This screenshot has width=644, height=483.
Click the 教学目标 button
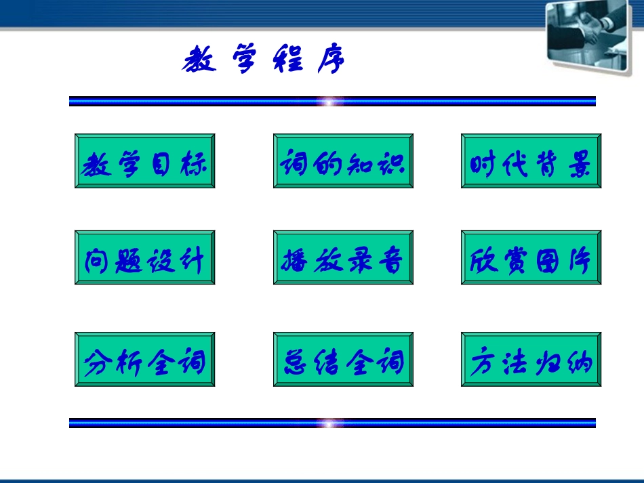[144, 161]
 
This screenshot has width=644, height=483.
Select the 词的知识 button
[343, 161]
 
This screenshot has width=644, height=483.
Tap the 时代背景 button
[531, 161]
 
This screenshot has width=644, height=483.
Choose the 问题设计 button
[144, 257]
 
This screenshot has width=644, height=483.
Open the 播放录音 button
[343, 257]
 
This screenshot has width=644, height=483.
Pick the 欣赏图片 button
[531, 257]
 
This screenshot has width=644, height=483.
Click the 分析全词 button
[144, 360]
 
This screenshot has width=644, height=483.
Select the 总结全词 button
[343, 360]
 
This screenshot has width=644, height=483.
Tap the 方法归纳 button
[531, 360]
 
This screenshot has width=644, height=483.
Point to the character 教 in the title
[199, 61]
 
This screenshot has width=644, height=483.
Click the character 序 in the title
[330, 61]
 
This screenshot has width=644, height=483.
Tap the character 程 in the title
[288, 61]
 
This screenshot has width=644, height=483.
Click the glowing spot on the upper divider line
[330, 102]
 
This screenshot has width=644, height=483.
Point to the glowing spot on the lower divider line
[330, 423]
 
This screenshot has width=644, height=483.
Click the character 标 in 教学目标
[193, 163]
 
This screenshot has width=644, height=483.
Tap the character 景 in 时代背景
[579, 163]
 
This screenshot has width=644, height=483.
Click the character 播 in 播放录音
[295, 260]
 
